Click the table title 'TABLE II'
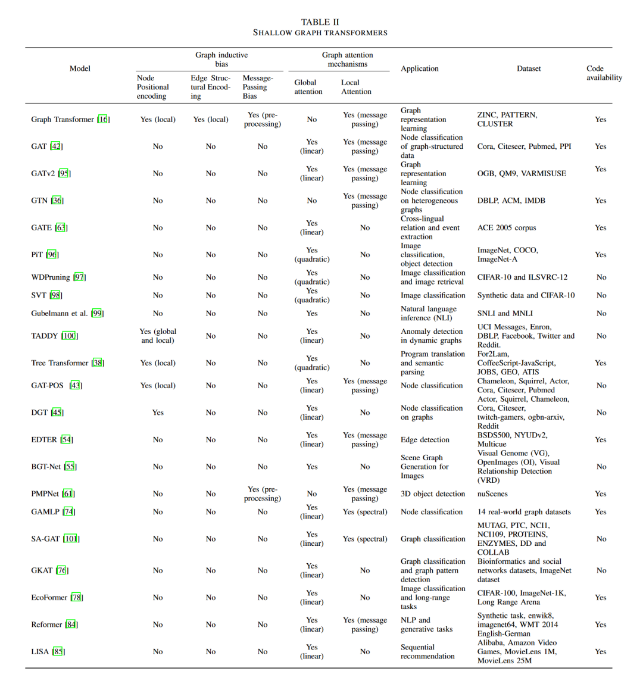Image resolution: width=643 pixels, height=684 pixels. [320, 22]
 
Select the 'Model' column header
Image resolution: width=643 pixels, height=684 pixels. [80, 68]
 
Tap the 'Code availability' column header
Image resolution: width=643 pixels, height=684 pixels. [604, 73]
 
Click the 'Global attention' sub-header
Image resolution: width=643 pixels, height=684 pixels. [308, 87]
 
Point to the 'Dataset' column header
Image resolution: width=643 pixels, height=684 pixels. [529, 68]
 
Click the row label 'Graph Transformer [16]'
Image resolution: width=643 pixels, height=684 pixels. [70, 119]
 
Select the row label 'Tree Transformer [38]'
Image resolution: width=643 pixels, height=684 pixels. [67, 363]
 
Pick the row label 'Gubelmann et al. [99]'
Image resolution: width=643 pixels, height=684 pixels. [67, 313]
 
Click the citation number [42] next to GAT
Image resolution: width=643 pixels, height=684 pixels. [56, 146]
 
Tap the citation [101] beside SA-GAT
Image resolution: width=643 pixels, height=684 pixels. [71, 539]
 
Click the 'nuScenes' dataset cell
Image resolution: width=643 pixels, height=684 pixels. [492, 494]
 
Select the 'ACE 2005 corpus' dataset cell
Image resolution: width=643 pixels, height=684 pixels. [507, 227]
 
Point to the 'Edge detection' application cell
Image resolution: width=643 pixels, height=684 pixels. [425, 439]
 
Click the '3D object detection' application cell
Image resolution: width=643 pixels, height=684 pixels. [433, 494]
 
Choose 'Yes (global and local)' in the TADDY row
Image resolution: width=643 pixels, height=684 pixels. [158, 336]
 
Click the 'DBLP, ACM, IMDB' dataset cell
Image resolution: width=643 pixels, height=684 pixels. [511, 201]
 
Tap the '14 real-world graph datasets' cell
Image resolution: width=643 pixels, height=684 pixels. [524, 511]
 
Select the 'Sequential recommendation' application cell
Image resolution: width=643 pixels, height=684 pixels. [427, 651]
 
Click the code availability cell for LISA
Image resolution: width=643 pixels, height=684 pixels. [601, 651]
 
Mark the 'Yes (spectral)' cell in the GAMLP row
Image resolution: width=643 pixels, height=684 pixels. [365, 511]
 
